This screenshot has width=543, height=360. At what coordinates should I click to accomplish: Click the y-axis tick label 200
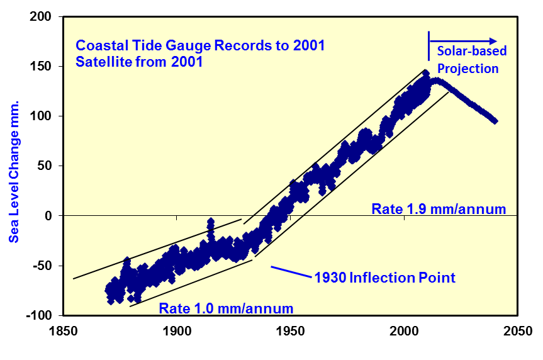click(42, 17)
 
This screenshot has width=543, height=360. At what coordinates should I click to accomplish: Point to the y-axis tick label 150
click(42, 67)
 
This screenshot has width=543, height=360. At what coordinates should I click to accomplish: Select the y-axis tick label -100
click(40, 315)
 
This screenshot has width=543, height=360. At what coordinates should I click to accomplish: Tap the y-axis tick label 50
click(45, 166)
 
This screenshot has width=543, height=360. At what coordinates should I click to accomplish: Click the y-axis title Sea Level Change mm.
click(13, 170)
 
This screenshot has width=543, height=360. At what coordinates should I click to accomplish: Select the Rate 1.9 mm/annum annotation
click(439, 209)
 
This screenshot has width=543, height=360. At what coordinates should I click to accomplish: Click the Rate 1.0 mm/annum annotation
click(226, 308)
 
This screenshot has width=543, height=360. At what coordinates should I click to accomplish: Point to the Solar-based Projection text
click(468, 59)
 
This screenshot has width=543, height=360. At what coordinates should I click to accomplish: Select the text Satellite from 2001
click(139, 62)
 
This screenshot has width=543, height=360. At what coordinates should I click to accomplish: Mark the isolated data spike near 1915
click(210, 222)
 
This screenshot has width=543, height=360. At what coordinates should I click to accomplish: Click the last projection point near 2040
click(495, 120)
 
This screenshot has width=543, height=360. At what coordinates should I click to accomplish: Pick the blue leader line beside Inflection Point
click(291, 272)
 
